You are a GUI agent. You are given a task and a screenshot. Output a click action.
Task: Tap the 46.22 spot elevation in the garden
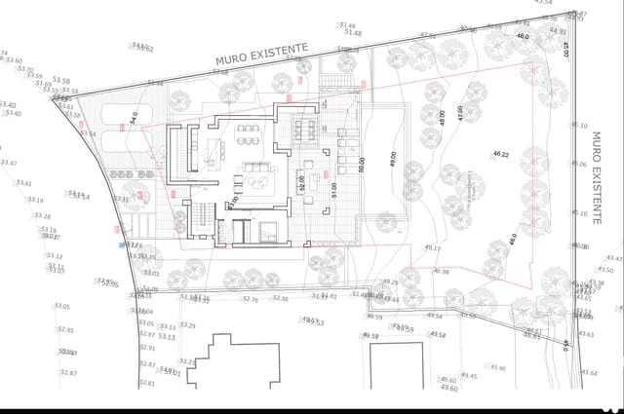pyautogui.click(x=502, y=155)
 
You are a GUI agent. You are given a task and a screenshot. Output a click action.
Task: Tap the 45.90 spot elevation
pyautogui.click(x=497, y=368)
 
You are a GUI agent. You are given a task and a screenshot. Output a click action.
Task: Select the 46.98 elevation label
pyautogui.click(x=441, y=272)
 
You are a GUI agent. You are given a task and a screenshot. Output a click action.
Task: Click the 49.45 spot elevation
pyautogui.click(x=469, y=375)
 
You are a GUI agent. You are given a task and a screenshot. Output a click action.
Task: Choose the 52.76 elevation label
pyautogui.click(x=251, y=299)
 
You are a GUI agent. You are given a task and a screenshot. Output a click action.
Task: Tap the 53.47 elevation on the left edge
pyautogui.click(x=8, y=163)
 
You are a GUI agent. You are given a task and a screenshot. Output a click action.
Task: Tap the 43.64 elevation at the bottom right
pyautogui.click(x=588, y=373)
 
